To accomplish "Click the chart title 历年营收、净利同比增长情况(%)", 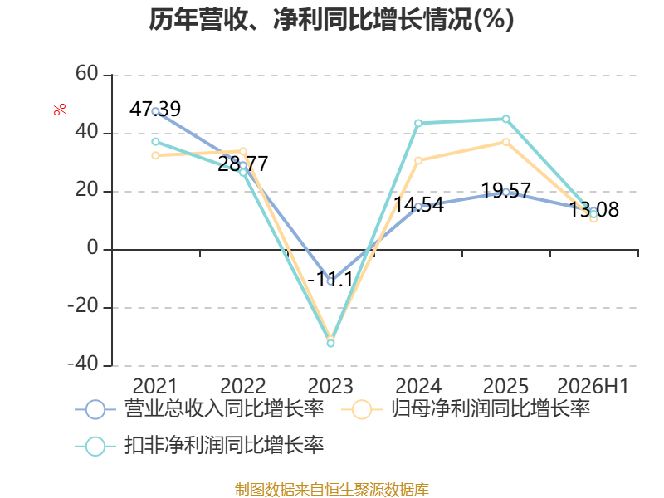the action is click(331, 19).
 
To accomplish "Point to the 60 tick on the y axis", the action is click(87, 73).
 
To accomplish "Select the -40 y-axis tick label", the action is click(83, 364).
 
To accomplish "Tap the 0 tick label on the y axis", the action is click(93, 247).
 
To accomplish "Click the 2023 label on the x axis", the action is click(330, 386).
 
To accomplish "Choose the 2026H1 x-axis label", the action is click(593, 386).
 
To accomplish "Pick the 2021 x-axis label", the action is click(155, 386).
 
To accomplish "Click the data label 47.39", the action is click(155, 110).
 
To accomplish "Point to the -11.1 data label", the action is click(330, 280).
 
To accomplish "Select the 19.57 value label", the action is click(506, 190).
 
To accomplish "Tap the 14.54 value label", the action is click(418, 204).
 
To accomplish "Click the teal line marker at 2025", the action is click(506, 119).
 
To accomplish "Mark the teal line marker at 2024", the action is click(418, 123).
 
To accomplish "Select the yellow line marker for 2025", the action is click(506, 142).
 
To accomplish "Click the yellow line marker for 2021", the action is click(155, 155).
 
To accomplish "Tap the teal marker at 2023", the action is click(330, 343).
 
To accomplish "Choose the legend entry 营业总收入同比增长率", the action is click(199, 409).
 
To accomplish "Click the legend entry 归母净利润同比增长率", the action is click(466, 409).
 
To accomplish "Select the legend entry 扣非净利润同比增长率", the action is click(199, 446).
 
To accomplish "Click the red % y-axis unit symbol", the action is click(60, 110).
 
